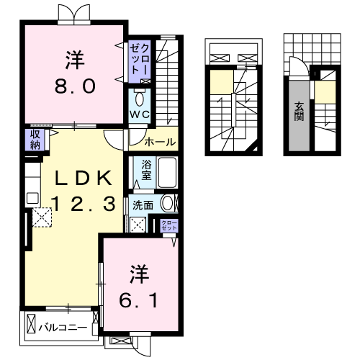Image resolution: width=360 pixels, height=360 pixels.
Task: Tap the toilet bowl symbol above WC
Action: click(140, 98)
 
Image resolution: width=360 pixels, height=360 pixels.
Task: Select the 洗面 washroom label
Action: click(143, 204)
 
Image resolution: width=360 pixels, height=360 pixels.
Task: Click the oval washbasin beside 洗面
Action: click(167, 204)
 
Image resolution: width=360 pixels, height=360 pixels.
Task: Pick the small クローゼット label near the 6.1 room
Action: click(168, 225)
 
